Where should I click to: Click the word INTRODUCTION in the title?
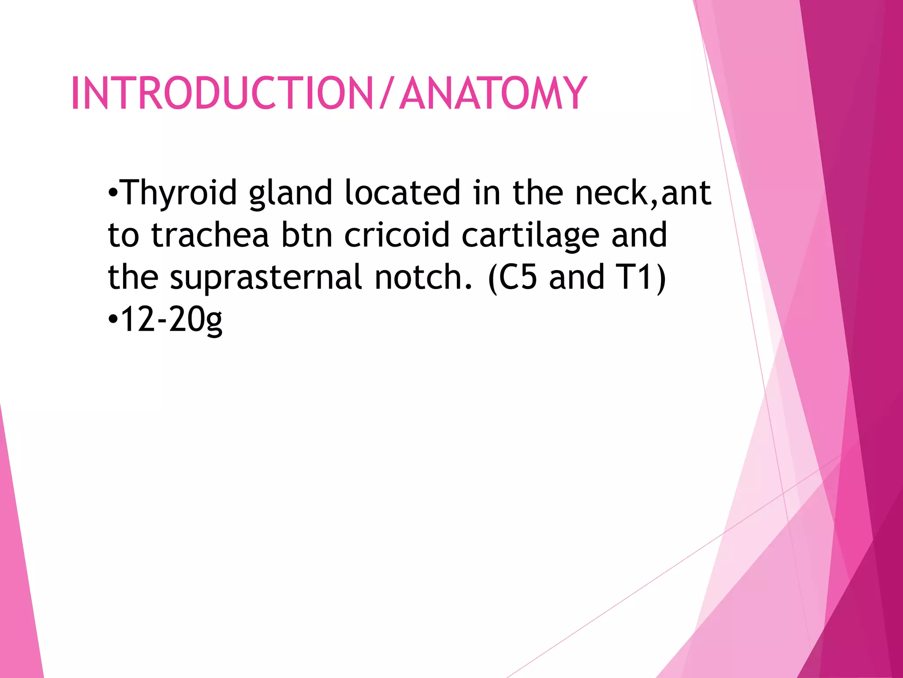pyautogui.click(x=222, y=93)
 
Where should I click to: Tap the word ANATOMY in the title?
pyautogui.click(x=493, y=93)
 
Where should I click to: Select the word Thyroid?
pyautogui.click(x=179, y=193)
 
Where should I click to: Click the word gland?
pyautogui.click(x=291, y=193)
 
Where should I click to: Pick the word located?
pyautogui.click(x=403, y=193)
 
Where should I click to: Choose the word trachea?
pyautogui.click(x=210, y=235)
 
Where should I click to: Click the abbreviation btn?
pyautogui.click(x=307, y=235)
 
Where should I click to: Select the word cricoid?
pyautogui.click(x=397, y=235)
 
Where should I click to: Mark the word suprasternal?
pyautogui.click(x=266, y=278)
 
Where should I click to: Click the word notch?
pyautogui.click(x=422, y=278)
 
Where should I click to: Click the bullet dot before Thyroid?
pyautogui.click(x=113, y=193)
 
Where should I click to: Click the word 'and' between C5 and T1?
pyautogui.click(x=576, y=278)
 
